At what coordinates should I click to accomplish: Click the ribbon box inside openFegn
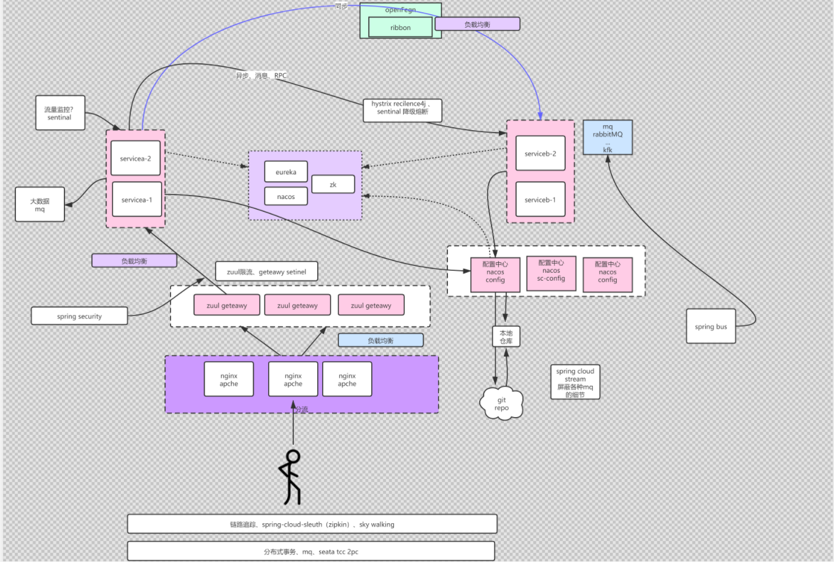[400, 28]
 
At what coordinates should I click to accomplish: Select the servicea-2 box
[136, 158]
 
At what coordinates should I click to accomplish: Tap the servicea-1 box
[137, 200]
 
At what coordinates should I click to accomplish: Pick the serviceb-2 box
[540, 154]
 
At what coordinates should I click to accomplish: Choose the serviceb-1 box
[540, 200]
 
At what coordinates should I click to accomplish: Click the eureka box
[286, 172]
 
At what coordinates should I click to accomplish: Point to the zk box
[333, 184]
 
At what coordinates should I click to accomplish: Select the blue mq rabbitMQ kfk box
[608, 138]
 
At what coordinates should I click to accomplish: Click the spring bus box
[711, 326]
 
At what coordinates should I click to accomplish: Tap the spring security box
[80, 316]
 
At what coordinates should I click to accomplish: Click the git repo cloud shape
[502, 404]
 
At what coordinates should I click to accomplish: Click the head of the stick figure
[293, 456]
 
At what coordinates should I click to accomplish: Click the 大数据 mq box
[40, 205]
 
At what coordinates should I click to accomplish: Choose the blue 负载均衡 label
[380, 340]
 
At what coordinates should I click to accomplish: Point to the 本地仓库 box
[506, 337]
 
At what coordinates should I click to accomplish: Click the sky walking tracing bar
[312, 525]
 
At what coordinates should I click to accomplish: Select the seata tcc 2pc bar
[311, 552]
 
